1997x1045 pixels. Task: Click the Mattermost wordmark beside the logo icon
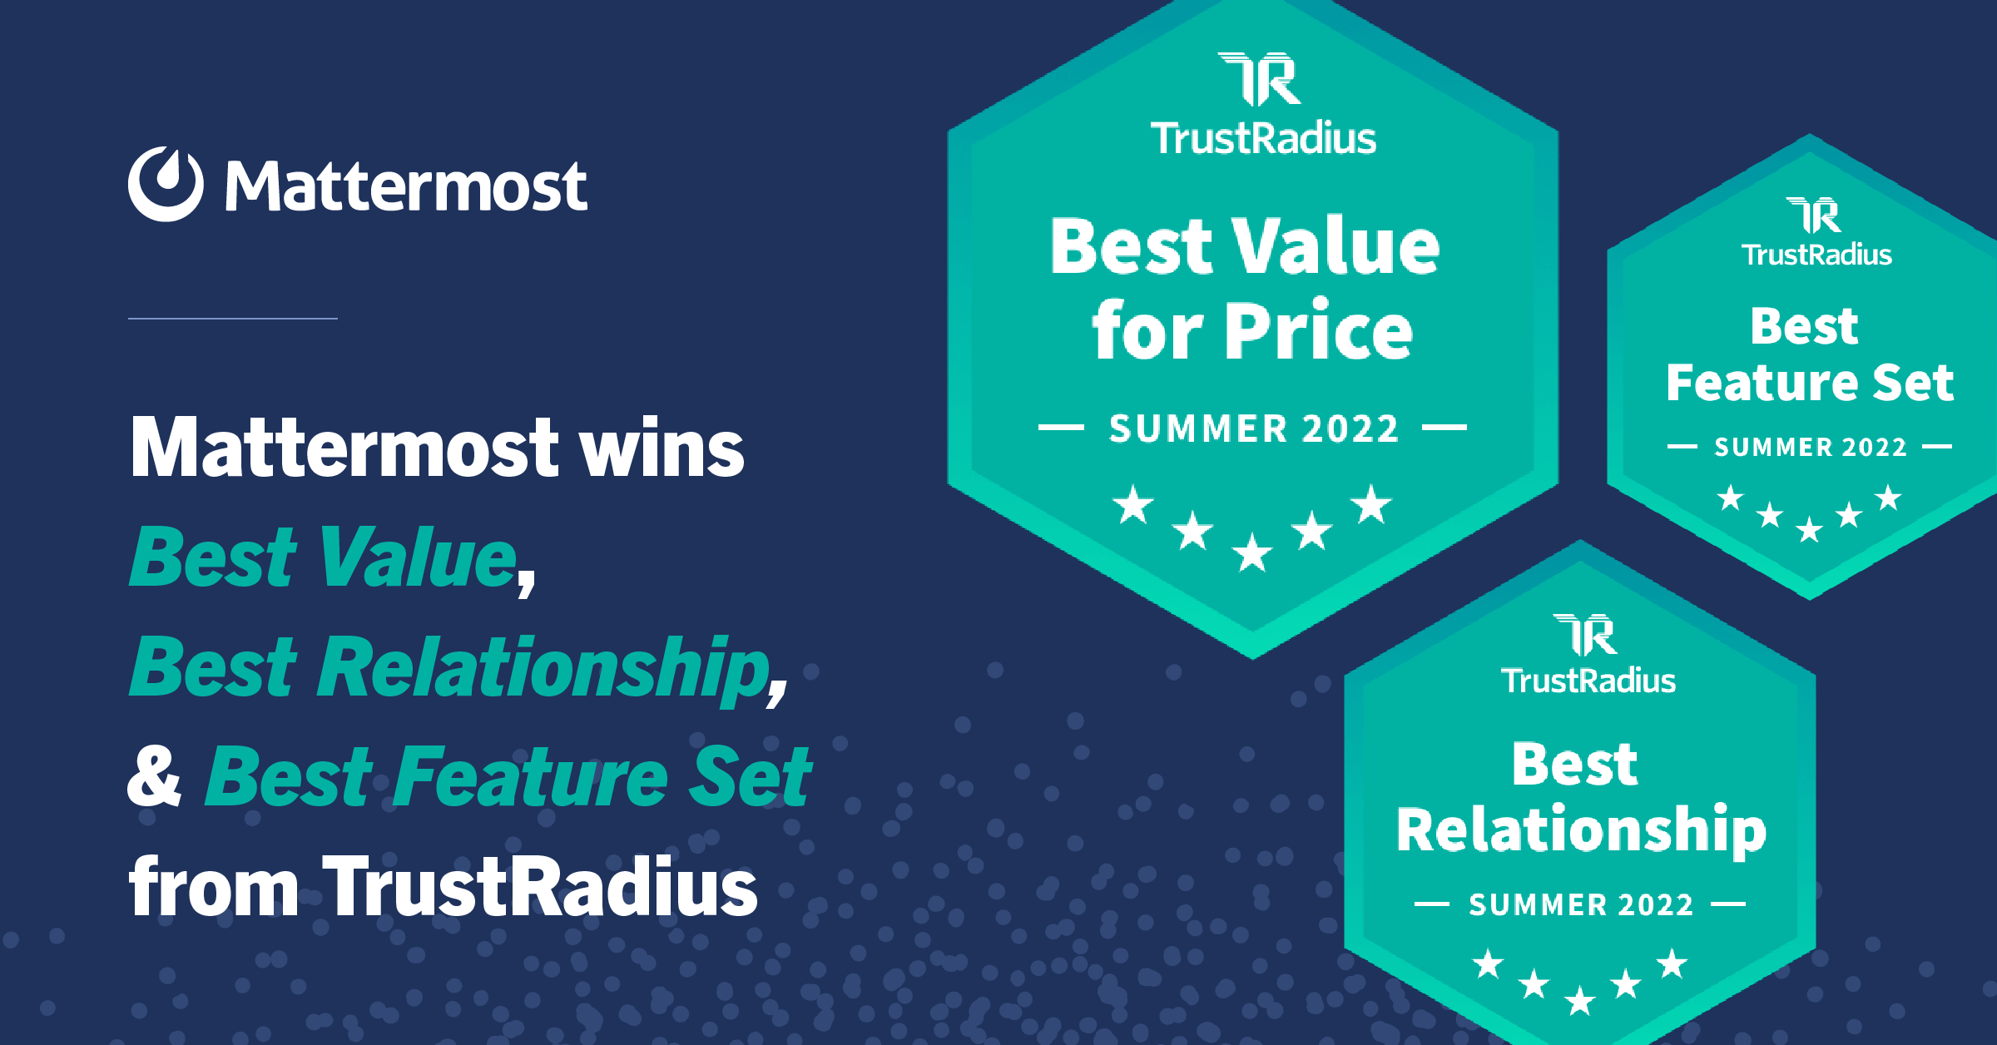click(x=406, y=186)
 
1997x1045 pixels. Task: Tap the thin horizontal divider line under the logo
click(x=233, y=318)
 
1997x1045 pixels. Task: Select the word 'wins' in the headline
click(x=662, y=448)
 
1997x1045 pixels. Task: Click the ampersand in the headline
click(x=154, y=776)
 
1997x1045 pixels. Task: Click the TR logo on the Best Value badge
click(x=1260, y=79)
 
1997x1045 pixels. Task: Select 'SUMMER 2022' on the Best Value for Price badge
click(x=1253, y=428)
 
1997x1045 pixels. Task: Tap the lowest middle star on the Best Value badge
click(x=1252, y=552)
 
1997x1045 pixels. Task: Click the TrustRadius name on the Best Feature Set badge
click(x=1816, y=254)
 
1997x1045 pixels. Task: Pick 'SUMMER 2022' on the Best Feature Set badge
click(x=1811, y=448)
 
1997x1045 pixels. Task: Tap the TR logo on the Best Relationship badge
click(x=1585, y=635)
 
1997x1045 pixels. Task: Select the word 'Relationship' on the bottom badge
click(x=1581, y=830)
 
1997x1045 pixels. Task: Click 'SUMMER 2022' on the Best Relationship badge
click(x=1581, y=904)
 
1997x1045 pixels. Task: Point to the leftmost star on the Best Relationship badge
click(x=1488, y=964)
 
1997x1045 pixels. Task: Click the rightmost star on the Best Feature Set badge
click(x=1889, y=498)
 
